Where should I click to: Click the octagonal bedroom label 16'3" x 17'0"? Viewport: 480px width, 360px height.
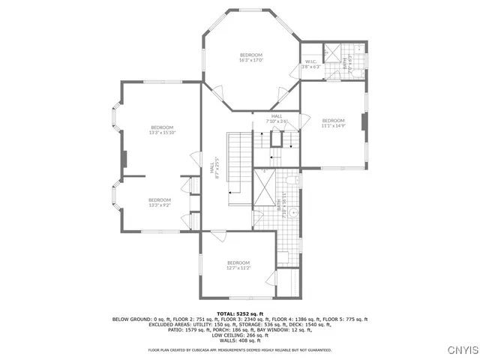click(x=251, y=58)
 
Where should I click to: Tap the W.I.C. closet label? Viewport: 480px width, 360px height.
click(x=311, y=64)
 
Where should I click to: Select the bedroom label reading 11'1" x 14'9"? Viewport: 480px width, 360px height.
click(x=333, y=124)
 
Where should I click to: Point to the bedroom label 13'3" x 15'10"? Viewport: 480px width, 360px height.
click(x=161, y=130)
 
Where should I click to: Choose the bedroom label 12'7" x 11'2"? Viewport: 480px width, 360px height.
click(x=238, y=265)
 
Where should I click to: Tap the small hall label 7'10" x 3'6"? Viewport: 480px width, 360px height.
click(x=277, y=118)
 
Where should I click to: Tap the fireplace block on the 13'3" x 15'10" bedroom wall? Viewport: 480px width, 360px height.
click(x=125, y=159)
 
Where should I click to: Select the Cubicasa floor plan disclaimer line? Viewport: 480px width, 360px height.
click(x=239, y=349)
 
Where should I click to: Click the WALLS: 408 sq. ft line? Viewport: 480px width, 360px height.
click(x=239, y=339)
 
